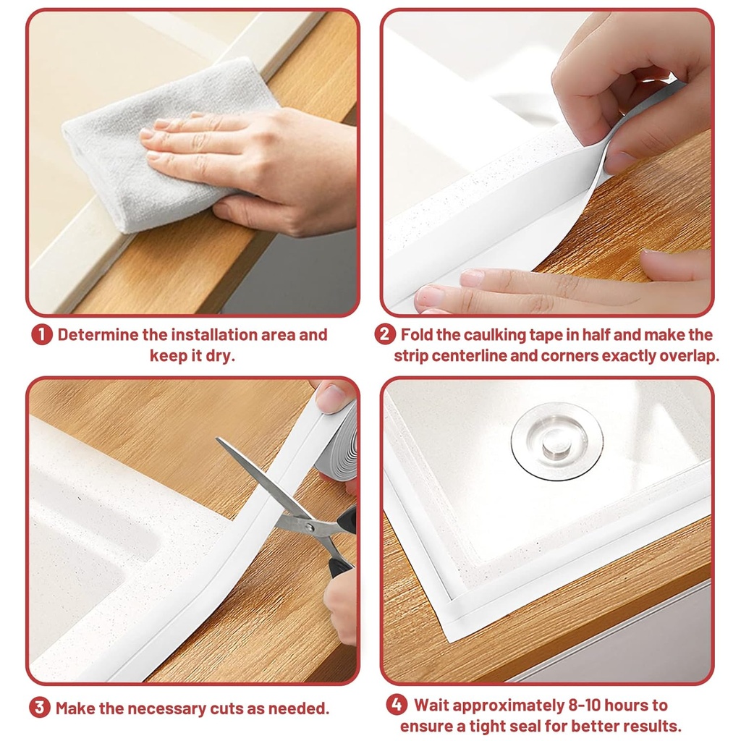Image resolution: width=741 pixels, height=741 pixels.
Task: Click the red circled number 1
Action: (x=42, y=336)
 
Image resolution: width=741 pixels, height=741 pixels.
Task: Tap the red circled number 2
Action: (x=385, y=336)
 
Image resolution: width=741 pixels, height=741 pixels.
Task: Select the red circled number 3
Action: (x=40, y=708)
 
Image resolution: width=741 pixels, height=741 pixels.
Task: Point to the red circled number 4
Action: (x=395, y=705)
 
